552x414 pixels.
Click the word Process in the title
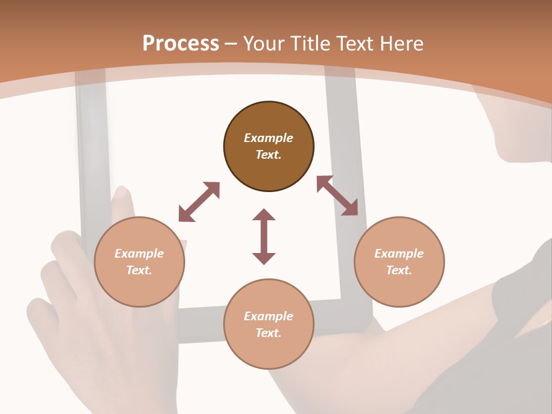click(x=181, y=44)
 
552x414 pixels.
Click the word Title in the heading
click(x=313, y=44)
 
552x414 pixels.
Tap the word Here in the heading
click(x=401, y=44)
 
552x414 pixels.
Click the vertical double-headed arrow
click(x=264, y=236)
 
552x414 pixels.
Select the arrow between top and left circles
click(x=199, y=202)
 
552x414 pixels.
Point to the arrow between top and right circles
click(x=337, y=195)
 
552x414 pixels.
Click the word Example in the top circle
click(x=269, y=138)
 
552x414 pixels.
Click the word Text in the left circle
click(x=139, y=270)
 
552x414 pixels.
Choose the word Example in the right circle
click(x=399, y=254)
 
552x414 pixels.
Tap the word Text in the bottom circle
click(x=269, y=333)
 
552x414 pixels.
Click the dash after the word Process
click(x=231, y=44)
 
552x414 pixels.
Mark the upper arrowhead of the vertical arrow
click(x=264, y=214)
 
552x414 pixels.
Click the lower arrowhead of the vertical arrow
click(x=264, y=258)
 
